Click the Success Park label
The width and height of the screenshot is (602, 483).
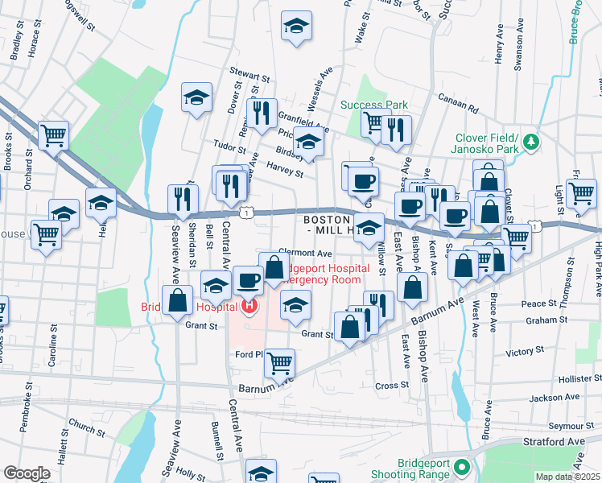coord(373,105)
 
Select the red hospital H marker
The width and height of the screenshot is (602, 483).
coord(249,306)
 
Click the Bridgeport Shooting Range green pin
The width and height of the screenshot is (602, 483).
coord(461,467)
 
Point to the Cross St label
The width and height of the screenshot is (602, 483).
coord(392,386)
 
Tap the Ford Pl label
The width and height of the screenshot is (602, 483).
coord(249,354)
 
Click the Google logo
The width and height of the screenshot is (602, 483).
coord(27,473)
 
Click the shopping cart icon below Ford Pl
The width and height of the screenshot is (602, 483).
coord(279,363)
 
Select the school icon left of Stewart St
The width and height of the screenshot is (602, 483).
coord(196,97)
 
